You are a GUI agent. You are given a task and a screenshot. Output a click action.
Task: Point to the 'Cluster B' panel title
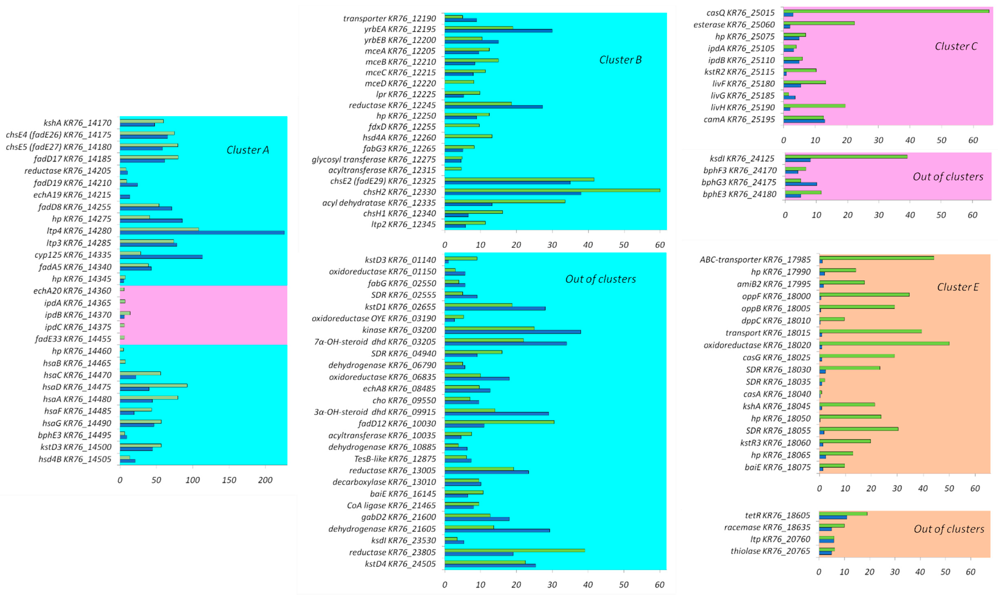coord(620,60)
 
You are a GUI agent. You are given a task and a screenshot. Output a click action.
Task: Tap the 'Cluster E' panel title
coord(958,287)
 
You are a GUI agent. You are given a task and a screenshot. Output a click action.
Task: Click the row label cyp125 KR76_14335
coord(73,255)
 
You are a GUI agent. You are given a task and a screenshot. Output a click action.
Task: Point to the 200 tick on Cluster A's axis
coord(265,480)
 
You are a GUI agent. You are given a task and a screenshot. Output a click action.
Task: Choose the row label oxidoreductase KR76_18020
coord(757,345)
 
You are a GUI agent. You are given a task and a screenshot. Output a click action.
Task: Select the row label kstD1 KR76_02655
coord(400,307)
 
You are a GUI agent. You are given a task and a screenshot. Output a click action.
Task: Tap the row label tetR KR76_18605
coord(777,515)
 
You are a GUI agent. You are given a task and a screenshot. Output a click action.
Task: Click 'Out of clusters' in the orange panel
coord(949,529)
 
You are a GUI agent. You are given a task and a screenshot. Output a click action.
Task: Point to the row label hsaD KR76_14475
coord(77,387)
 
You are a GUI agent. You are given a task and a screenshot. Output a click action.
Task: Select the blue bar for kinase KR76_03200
coord(513,332)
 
